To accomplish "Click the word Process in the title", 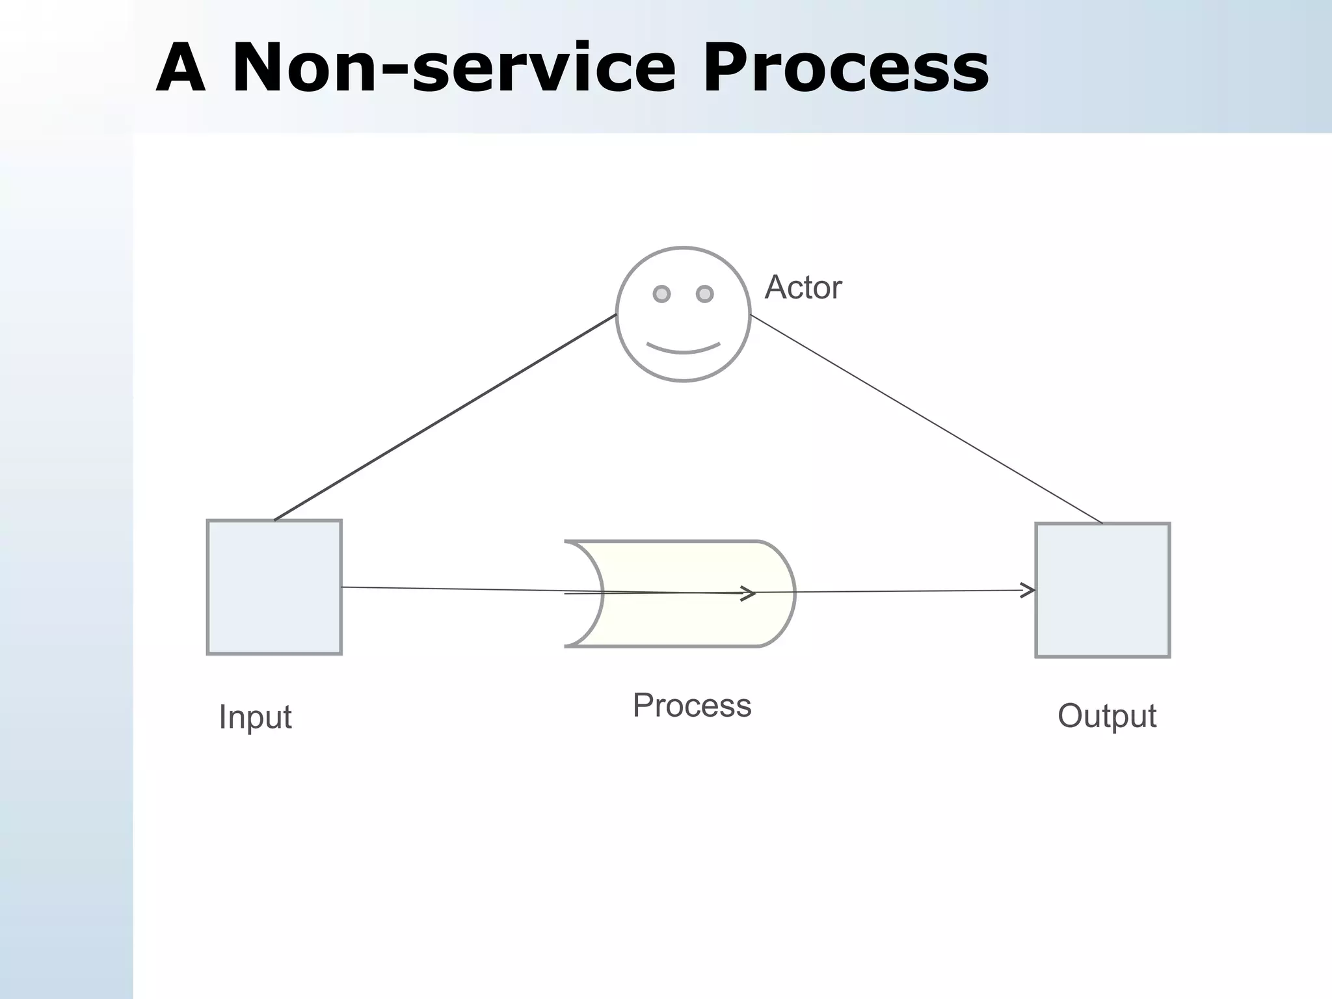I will pyautogui.click(x=846, y=68).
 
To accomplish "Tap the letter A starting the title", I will pyautogui.click(x=181, y=68).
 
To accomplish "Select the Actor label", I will pyautogui.click(x=803, y=287).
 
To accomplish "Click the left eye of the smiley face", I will pyautogui.click(x=661, y=294).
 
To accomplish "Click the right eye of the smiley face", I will pyautogui.click(x=704, y=294).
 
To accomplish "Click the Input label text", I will pyautogui.click(x=255, y=717).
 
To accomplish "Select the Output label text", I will pyautogui.click(x=1106, y=716).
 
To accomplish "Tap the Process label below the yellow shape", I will pyautogui.click(x=692, y=706).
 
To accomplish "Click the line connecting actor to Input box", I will pyautogui.click(x=446, y=418).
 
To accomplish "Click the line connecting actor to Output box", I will pyautogui.click(x=926, y=420).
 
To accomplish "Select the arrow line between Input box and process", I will pyautogui.click(x=455, y=589).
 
